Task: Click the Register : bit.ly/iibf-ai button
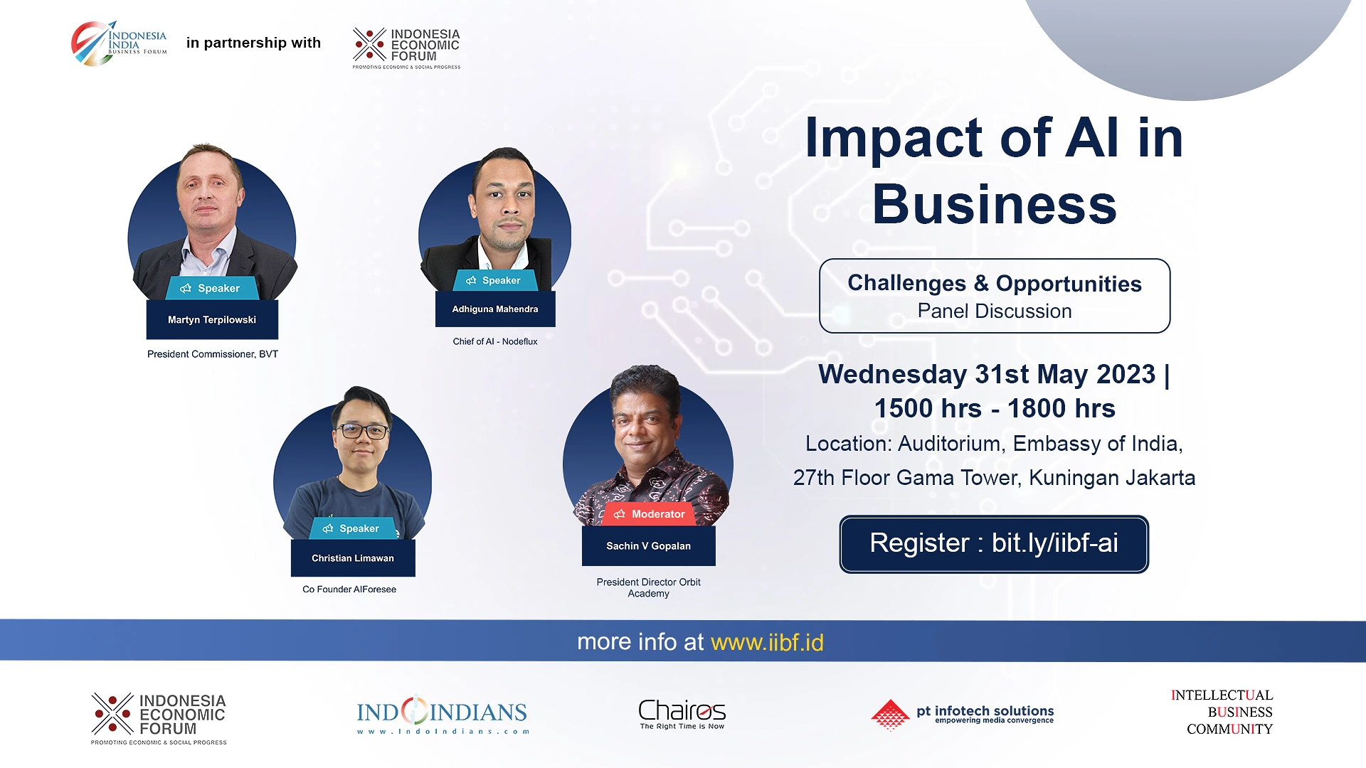point(994,544)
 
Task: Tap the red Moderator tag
point(650,514)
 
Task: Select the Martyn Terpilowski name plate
point(212,320)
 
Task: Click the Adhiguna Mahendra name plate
point(495,309)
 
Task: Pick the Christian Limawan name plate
point(353,558)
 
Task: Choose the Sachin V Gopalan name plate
point(649,546)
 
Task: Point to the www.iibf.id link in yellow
point(767,642)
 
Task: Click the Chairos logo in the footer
point(682,714)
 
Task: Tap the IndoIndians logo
point(443,714)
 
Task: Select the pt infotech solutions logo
point(962,715)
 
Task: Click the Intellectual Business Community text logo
point(1222,712)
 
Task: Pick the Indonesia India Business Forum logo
point(119,43)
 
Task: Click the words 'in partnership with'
point(253,43)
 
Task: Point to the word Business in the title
point(995,204)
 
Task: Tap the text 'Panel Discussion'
point(995,311)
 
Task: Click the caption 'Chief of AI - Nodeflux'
point(495,341)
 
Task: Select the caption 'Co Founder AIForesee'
point(349,590)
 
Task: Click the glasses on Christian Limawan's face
point(362,431)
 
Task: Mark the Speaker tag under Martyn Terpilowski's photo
point(212,288)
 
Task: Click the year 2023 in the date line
point(1126,375)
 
